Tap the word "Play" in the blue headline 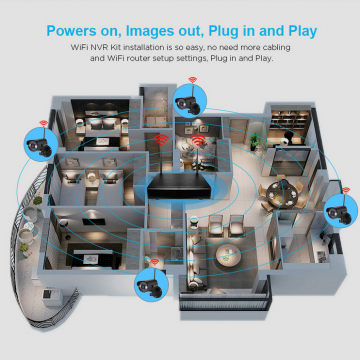[299, 32]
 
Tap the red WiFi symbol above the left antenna [161, 140]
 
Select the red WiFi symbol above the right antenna [198, 140]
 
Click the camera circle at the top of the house [190, 101]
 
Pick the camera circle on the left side [41, 145]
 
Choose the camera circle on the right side [341, 211]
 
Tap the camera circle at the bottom [151, 285]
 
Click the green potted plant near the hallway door [255, 142]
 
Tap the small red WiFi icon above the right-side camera [346, 190]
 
